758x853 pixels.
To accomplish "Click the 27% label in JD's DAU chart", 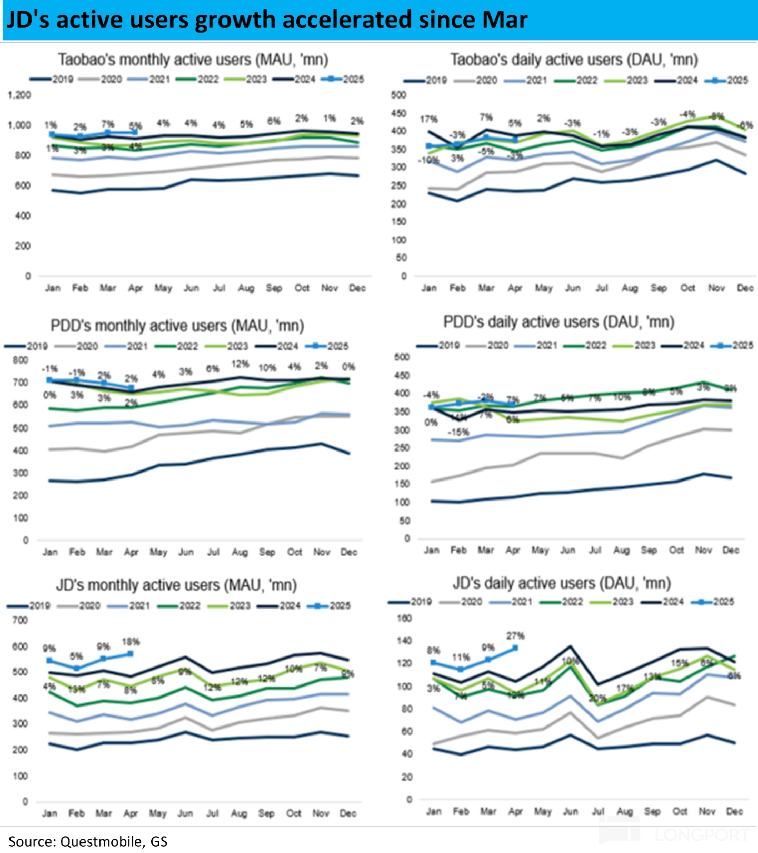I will [x=515, y=636].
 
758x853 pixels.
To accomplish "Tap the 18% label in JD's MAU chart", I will [x=131, y=642].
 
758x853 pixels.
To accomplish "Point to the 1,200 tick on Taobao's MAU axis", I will [x=19, y=95].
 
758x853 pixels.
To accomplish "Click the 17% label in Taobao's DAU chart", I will [x=428, y=120].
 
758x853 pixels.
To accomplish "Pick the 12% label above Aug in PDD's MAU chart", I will [x=240, y=364].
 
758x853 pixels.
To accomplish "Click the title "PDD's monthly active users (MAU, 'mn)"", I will [x=177, y=326].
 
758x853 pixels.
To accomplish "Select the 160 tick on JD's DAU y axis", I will [x=404, y=619].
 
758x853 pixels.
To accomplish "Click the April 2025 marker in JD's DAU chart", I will [x=515, y=648].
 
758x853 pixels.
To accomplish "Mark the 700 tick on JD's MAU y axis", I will [x=20, y=621].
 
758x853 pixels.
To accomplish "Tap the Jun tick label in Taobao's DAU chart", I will [x=573, y=288].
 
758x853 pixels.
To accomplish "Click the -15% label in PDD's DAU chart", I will [x=458, y=432].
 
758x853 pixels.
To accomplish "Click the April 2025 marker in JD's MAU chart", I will [x=130, y=654].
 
